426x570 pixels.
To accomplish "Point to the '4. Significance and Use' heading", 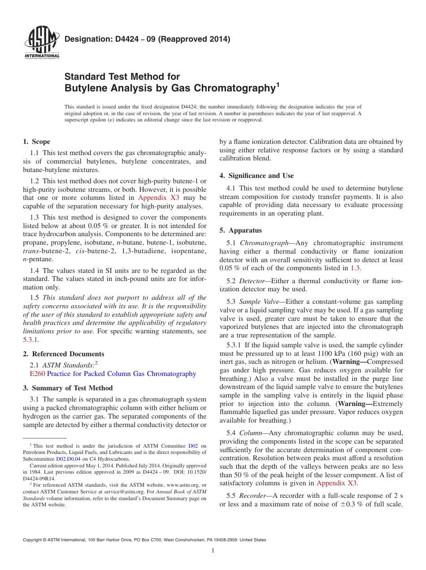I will tap(256, 176).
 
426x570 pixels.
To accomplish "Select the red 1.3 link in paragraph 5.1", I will tap(355, 268).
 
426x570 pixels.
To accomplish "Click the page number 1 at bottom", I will tap(213, 550).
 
